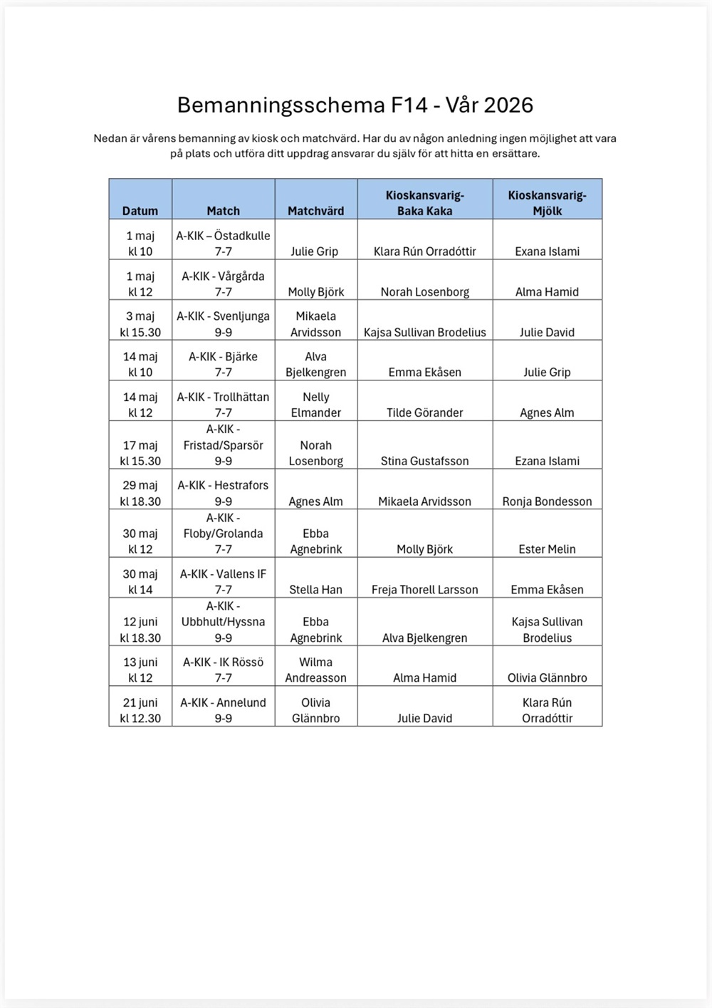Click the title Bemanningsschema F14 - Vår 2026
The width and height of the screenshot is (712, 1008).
click(355, 105)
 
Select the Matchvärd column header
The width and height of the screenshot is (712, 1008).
click(315, 211)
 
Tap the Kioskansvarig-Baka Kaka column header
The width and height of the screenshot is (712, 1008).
click(424, 203)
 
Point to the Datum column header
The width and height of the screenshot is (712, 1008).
click(140, 211)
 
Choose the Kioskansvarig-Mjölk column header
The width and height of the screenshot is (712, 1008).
click(547, 203)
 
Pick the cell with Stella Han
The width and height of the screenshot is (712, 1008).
click(315, 589)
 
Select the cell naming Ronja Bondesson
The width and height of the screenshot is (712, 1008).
click(547, 501)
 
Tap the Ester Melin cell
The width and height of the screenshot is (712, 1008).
click(547, 549)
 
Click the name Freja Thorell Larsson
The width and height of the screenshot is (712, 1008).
click(424, 589)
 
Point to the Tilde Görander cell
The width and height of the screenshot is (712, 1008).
click(424, 412)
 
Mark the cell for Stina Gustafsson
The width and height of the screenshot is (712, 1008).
click(424, 461)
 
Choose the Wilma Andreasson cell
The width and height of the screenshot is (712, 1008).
click(315, 670)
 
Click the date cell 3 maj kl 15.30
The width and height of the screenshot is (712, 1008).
click(140, 324)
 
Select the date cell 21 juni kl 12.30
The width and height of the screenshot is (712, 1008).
click(140, 710)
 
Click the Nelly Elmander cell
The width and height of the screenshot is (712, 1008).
click(315, 405)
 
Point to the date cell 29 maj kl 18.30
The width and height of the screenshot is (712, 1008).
click(140, 493)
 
